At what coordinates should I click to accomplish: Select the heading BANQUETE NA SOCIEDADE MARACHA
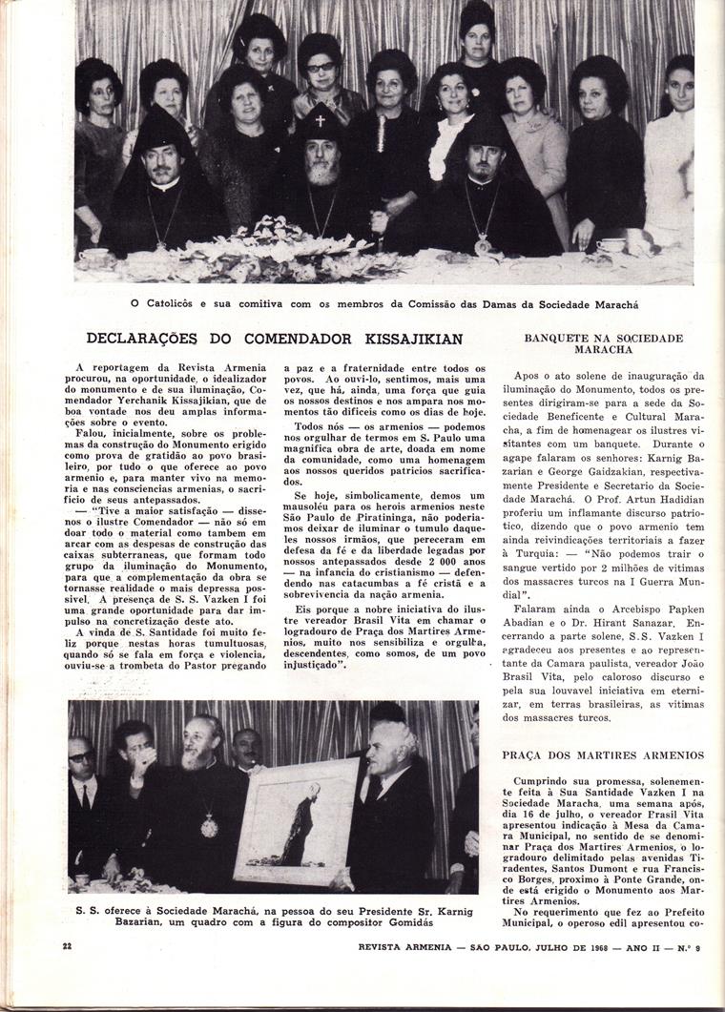[604, 343]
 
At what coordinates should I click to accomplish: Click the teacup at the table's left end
[95, 255]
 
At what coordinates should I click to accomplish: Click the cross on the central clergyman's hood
[321, 122]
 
